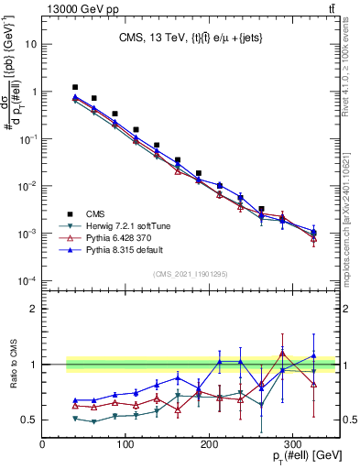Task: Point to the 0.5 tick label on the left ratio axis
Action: pyautogui.click(x=28, y=420)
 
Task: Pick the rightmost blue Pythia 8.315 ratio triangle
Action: pyautogui.click(x=313, y=356)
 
